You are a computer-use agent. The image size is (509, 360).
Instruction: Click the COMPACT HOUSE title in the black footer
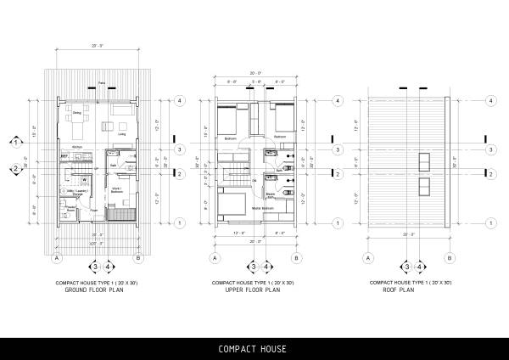[x=252, y=349]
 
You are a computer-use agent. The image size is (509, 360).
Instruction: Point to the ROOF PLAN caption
[x=406, y=290]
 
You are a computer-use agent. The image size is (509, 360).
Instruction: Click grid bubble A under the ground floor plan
[x=57, y=258]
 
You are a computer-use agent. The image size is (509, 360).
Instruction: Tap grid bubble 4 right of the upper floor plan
[x=337, y=100]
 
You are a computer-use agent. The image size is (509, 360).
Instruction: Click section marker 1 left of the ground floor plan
[x=15, y=143]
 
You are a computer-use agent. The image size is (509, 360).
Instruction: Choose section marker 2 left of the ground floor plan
[x=15, y=170]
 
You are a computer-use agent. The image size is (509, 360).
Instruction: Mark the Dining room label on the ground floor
[x=76, y=112]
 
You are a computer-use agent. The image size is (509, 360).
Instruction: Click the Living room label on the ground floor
[x=121, y=134]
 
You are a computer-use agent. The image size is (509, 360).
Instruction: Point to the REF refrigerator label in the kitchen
[x=64, y=155]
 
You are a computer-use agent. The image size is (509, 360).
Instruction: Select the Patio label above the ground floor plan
[x=101, y=82]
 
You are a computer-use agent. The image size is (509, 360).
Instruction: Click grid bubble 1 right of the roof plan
[x=492, y=224]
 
